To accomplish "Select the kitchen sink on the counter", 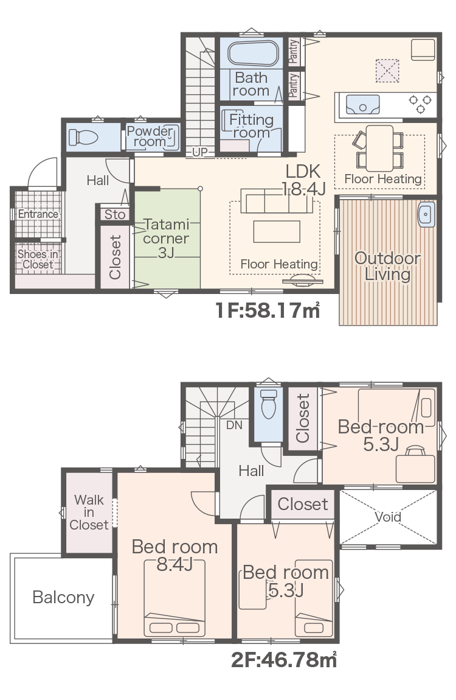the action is click(363, 105).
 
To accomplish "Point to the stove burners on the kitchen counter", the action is click(420, 103).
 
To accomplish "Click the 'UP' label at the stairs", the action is click(199, 152).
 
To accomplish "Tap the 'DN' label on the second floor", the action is click(234, 425).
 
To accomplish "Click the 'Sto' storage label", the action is click(114, 215).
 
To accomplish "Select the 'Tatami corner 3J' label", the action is click(166, 239).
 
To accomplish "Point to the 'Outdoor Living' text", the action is click(387, 266).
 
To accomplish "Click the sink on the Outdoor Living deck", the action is click(426, 215).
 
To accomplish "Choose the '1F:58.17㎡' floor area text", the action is click(268, 310).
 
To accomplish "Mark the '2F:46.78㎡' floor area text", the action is click(283, 659).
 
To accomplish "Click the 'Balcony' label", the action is click(63, 597).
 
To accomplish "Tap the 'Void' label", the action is click(388, 517).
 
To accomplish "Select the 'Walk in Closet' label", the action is click(89, 512).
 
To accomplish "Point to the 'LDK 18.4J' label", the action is click(303, 180).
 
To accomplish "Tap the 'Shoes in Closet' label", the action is click(38, 259).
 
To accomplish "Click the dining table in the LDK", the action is click(380, 148).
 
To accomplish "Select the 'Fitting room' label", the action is click(251, 126).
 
